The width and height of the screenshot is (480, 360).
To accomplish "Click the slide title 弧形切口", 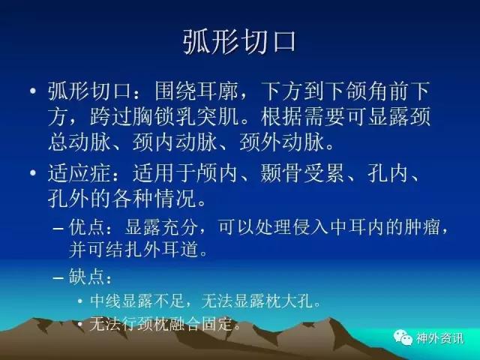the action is [240, 42].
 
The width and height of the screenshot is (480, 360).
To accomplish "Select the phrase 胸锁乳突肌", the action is [165, 117].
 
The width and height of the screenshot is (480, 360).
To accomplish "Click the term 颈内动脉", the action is [175, 142].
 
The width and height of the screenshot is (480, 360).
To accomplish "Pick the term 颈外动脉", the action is [281, 142].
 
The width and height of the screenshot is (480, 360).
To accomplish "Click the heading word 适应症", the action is [79, 173].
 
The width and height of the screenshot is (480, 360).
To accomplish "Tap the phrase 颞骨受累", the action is [301, 173].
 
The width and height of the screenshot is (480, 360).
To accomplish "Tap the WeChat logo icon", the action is [403, 338].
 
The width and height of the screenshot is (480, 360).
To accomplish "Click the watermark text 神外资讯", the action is [439, 338].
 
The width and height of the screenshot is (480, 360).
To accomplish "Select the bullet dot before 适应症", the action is [33, 173].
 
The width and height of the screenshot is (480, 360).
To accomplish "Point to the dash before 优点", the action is [58, 228].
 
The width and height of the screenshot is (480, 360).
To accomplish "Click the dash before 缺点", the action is [58, 278].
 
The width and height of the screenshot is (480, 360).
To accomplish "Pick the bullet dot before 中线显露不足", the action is [80, 301].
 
